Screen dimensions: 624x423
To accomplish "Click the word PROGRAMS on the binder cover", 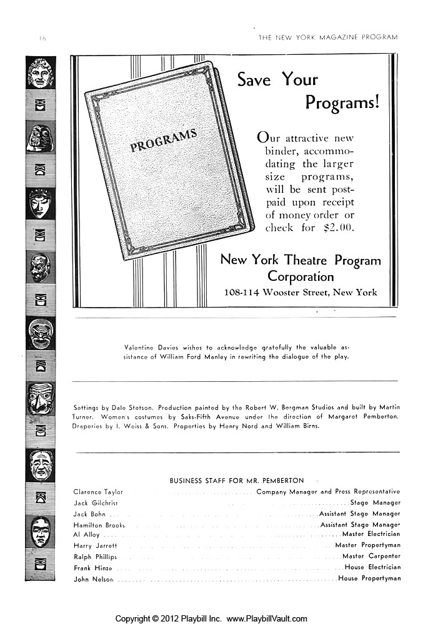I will pyautogui.click(x=163, y=140).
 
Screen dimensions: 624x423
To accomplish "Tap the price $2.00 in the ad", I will pyautogui.click(x=338, y=228).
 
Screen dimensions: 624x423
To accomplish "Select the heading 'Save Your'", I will pyautogui.click(x=277, y=80).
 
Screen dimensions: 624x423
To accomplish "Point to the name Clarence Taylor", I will pyautogui.click(x=98, y=492).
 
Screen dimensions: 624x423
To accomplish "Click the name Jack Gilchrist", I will pyautogui.click(x=96, y=502).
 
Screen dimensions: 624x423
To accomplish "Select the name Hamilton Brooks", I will pyautogui.click(x=99, y=525).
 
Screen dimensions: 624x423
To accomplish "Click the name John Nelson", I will pyautogui.click(x=94, y=578).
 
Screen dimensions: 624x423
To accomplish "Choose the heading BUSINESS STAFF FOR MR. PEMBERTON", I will pyautogui.click(x=237, y=480).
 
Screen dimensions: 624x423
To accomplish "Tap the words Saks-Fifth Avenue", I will pyautogui.click(x=206, y=416).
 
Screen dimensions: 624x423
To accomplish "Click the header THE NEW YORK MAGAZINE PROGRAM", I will pyautogui.click(x=328, y=37).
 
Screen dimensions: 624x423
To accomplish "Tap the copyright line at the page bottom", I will pyautogui.click(x=211, y=618).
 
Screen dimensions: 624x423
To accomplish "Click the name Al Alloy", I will pyautogui.click(x=86, y=535).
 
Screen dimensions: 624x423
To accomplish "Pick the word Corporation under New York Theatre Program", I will pyautogui.click(x=301, y=276).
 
